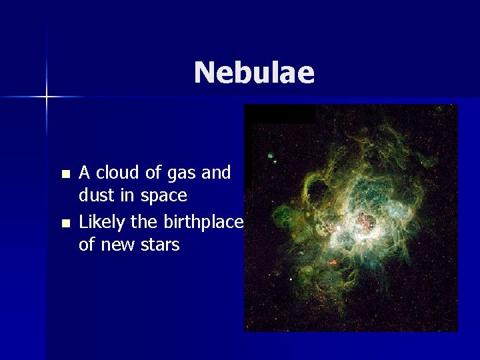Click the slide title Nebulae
254,73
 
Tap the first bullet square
65,175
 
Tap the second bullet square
65,223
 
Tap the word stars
159,245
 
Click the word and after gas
216,173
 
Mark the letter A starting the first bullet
85,173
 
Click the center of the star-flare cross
47,97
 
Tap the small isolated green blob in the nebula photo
271,157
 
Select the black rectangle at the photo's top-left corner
280,114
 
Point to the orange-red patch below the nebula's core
332,262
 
